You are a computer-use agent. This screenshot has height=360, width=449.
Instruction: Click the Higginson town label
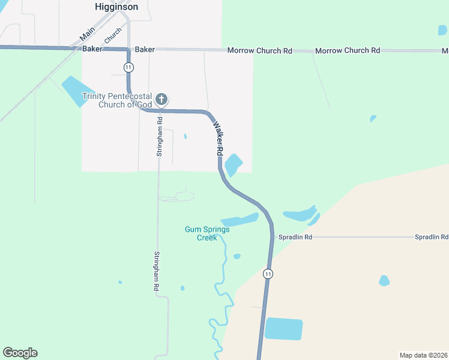[x=116, y=7]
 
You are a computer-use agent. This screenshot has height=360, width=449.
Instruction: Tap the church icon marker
[x=161, y=99]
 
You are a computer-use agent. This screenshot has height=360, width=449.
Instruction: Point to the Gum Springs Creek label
[x=207, y=233]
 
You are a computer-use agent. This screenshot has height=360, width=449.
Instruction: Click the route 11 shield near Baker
[x=128, y=67]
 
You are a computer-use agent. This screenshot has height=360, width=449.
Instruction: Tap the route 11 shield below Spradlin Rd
[x=268, y=274]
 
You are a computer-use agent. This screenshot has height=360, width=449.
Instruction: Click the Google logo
[x=20, y=353]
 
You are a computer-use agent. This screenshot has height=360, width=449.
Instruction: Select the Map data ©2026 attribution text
[x=423, y=355]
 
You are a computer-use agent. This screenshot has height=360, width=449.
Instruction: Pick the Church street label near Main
[x=113, y=35]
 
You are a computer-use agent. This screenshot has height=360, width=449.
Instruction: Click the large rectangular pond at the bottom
[x=283, y=329]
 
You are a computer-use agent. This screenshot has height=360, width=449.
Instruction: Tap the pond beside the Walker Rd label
[x=232, y=164]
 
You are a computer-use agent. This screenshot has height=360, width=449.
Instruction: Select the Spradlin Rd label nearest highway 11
[x=295, y=237]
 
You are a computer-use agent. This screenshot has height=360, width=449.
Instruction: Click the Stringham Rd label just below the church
[x=160, y=137]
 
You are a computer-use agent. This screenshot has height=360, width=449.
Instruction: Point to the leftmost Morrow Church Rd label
[x=259, y=51]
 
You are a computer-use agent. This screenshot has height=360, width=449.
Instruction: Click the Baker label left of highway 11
[x=92, y=49]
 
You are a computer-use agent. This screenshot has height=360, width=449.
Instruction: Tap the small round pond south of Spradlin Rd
[x=384, y=280]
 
